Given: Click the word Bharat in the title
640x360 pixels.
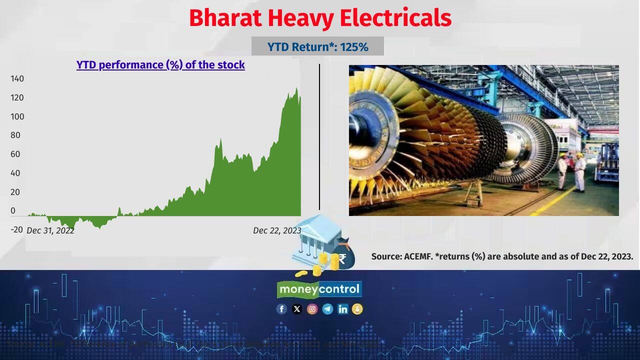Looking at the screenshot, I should coord(225,18).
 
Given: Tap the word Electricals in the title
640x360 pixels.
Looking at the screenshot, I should coord(395,18).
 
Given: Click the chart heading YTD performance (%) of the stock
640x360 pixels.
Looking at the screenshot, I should coord(160,65).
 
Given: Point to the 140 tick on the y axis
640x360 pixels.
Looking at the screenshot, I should coord(17,78).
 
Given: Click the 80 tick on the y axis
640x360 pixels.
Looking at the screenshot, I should coord(15,135).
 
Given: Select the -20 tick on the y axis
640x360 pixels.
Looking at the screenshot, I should coord(16,229).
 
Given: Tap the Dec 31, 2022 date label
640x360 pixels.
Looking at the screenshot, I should coord(50,230).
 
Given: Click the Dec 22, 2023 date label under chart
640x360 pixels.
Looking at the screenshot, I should coord(277,230).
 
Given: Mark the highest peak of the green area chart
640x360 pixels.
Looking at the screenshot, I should coord(296,89).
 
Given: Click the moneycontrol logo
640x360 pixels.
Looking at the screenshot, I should coord(319,289).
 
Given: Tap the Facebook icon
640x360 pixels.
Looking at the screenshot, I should coord(281,309).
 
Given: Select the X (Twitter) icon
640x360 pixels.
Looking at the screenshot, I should coord(297,309).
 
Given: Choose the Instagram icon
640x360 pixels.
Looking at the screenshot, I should coord(312,309).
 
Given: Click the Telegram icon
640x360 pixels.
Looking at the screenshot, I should coord(327,309).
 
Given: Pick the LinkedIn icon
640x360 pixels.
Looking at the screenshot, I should coord(342,309).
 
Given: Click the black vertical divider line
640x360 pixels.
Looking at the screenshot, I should coord(319,137).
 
